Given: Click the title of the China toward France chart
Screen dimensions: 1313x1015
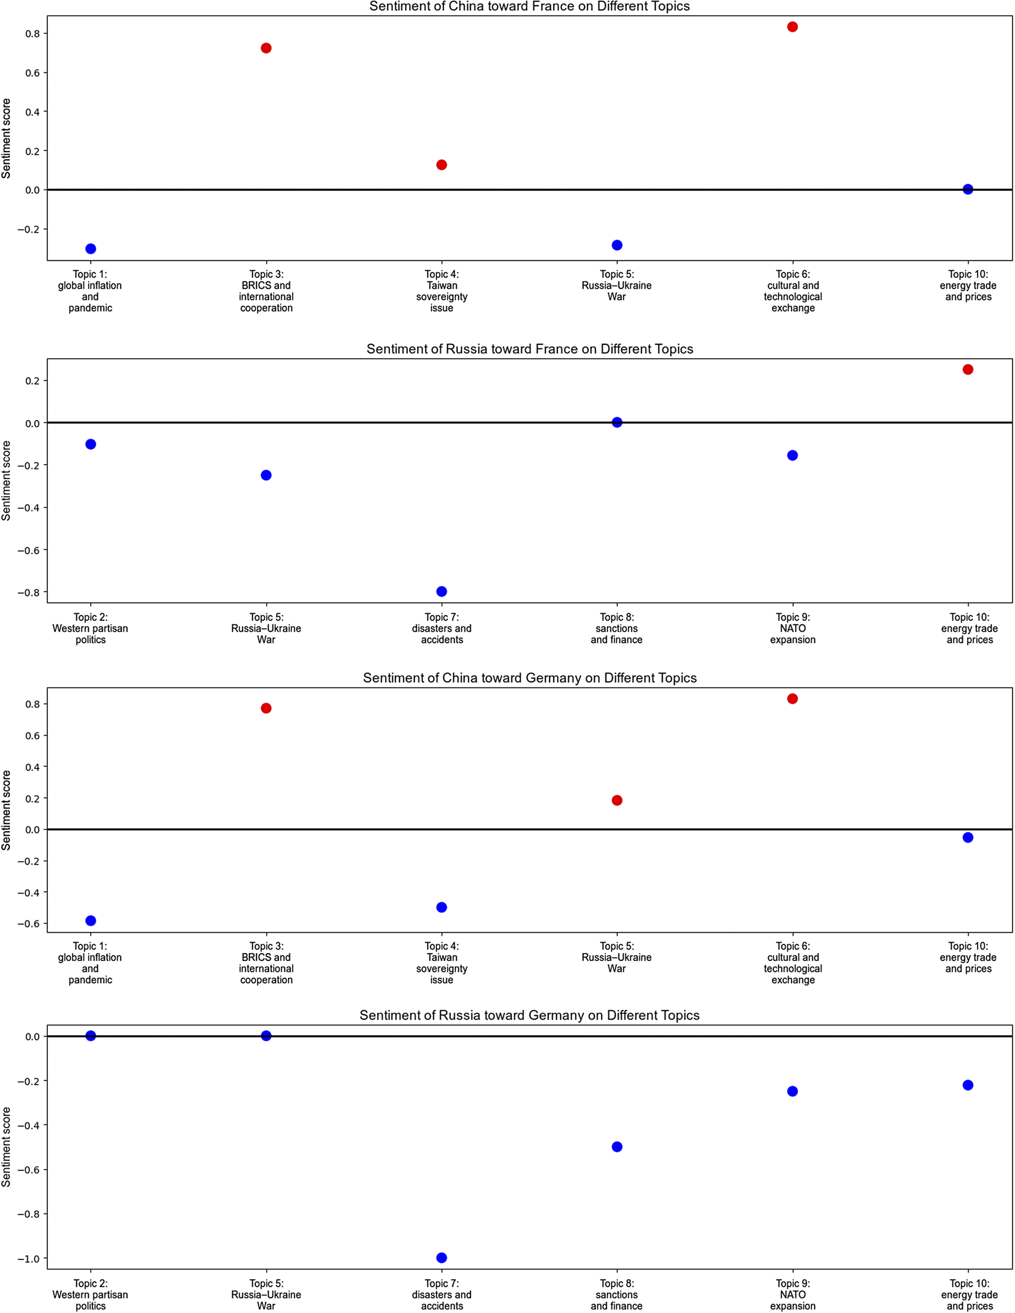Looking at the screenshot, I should [x=529, y=7].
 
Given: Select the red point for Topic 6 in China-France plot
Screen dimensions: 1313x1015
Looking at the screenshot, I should [x=792, y=27].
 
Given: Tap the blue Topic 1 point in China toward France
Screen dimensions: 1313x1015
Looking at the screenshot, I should [x=91, y=249].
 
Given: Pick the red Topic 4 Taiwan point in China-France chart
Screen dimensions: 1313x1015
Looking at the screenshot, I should [x=442, y=165].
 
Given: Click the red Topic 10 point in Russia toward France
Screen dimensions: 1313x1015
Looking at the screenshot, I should [x=968, y=370].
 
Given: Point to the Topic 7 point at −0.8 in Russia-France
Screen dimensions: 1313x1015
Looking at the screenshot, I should [x=442, y=592].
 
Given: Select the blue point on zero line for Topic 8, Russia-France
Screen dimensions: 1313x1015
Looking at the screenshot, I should [x=617, y=422].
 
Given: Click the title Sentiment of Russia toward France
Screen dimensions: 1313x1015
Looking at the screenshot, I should [x=529, y=349].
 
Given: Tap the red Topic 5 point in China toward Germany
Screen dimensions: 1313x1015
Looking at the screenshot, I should [x=617, y=800].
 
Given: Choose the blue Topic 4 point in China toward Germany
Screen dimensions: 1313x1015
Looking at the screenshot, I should [x=442, y=907].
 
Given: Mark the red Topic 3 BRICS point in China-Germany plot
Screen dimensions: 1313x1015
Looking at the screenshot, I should [x=266, y=708].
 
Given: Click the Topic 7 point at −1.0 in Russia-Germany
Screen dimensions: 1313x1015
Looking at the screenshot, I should [x=442, y=1258].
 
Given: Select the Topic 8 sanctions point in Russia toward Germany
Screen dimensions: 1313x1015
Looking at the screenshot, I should [x=617, y=1147].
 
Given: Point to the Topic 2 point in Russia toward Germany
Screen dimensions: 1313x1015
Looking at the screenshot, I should [x=91, y=1036].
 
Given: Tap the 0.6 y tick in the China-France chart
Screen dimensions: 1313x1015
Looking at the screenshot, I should [x=32, y=73].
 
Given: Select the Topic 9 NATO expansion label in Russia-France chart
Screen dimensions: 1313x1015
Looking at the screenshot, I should [x=792, y=628].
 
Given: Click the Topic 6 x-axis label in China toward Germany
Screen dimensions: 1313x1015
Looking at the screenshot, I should [x=792, y=962].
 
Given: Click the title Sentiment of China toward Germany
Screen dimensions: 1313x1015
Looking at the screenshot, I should [x=529, y=678].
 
